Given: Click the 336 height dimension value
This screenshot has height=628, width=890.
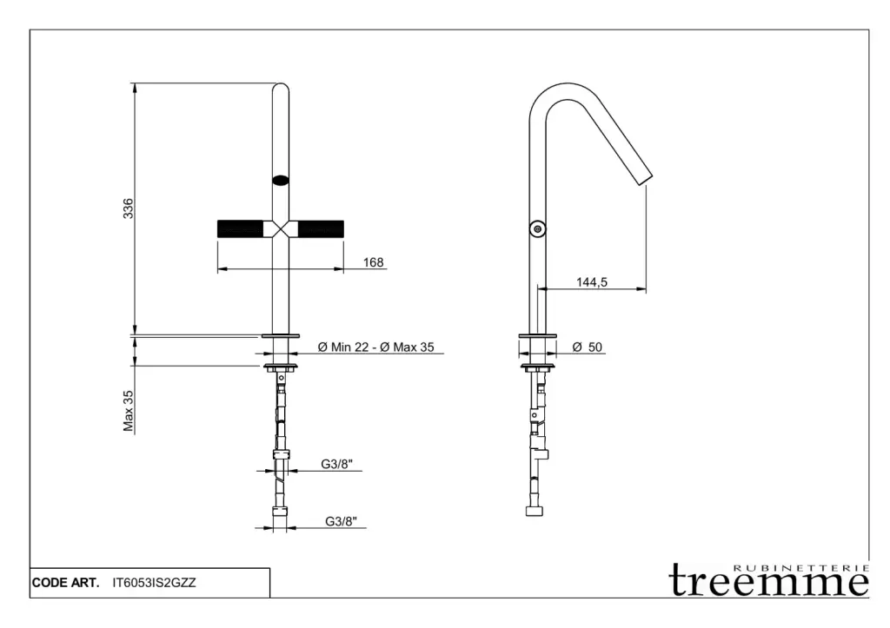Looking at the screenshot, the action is pyautogui.click(x=129, y=208).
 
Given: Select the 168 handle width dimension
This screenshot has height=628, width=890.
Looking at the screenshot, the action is pyautogui.click(x=374, y=262).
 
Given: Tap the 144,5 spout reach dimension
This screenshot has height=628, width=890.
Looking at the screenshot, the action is pyautogui.click(x=592, y=282).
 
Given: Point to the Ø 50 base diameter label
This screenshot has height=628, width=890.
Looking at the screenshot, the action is pyautogui.click(x=588, y=347).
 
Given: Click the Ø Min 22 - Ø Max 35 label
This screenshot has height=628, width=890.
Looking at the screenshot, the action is pyautogui.click(x=375, y=347).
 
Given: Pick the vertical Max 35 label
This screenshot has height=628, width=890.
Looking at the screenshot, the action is pyautogui.click(x=129, y=411).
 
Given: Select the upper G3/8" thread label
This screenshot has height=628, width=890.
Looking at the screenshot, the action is pyautogui.click(x=336, y=464).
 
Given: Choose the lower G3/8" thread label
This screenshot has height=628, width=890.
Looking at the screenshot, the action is pyautogui.click(x=341, y=521).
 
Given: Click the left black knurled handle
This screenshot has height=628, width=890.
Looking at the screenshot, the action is pyautogui.click(x=240, y=228).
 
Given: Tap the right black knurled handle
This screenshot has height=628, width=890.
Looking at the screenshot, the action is pyautogui.click(x=321, y=228).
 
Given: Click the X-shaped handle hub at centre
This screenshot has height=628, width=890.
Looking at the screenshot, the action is pyautogui.click(x=281, y=228).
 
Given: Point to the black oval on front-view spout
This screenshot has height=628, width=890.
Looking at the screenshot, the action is pyautogui.click(x=281, y=181).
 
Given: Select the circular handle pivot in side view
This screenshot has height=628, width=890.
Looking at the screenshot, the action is pyautogui.click(x=537, y=228).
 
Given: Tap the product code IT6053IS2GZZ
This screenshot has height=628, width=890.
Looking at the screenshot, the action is pyautogui.click(x=155, y=583).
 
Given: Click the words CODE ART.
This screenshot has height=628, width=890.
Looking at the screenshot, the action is pyautogui.click(x=65, y=583).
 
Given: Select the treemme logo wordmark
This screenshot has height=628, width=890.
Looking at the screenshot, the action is pyautogui.click(x=768, y=579).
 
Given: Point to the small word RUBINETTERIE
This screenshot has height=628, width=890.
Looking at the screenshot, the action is pyautogui.click(x=801, y=568).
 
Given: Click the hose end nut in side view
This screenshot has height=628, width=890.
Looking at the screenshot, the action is pyautogui.click(x=535, y=511).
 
